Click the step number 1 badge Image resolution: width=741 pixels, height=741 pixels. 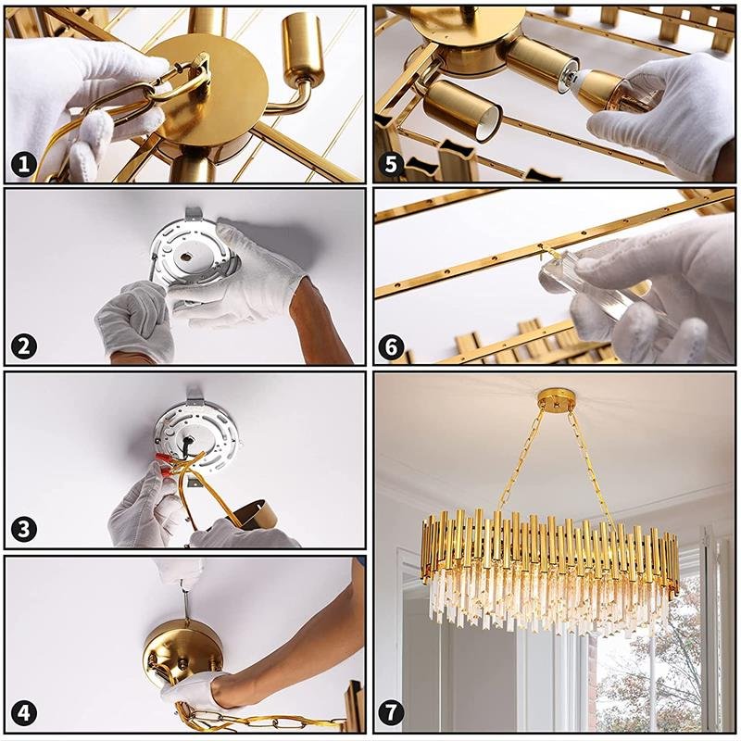coord(24,165)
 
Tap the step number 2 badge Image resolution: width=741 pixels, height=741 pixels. coord(24,346)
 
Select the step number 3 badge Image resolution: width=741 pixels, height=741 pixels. coord(24,528)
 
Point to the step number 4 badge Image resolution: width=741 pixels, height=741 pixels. coord(24,712)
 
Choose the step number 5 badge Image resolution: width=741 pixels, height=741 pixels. coord(391,164)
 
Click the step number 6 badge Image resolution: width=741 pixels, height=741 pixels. coord(391,347)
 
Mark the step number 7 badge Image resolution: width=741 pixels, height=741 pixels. coord(391,712)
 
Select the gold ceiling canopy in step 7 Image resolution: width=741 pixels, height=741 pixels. coord(555,398)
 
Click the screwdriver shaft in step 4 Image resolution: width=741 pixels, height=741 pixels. coord(186,605)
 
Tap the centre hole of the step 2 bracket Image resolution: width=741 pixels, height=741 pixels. coord(185,257)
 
